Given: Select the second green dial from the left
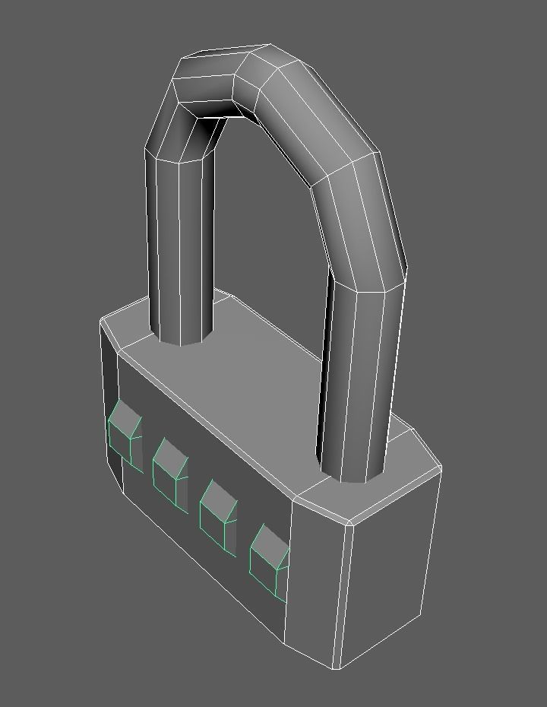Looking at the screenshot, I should click(169, 472).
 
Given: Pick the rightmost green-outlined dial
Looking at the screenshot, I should click(267, 560).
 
